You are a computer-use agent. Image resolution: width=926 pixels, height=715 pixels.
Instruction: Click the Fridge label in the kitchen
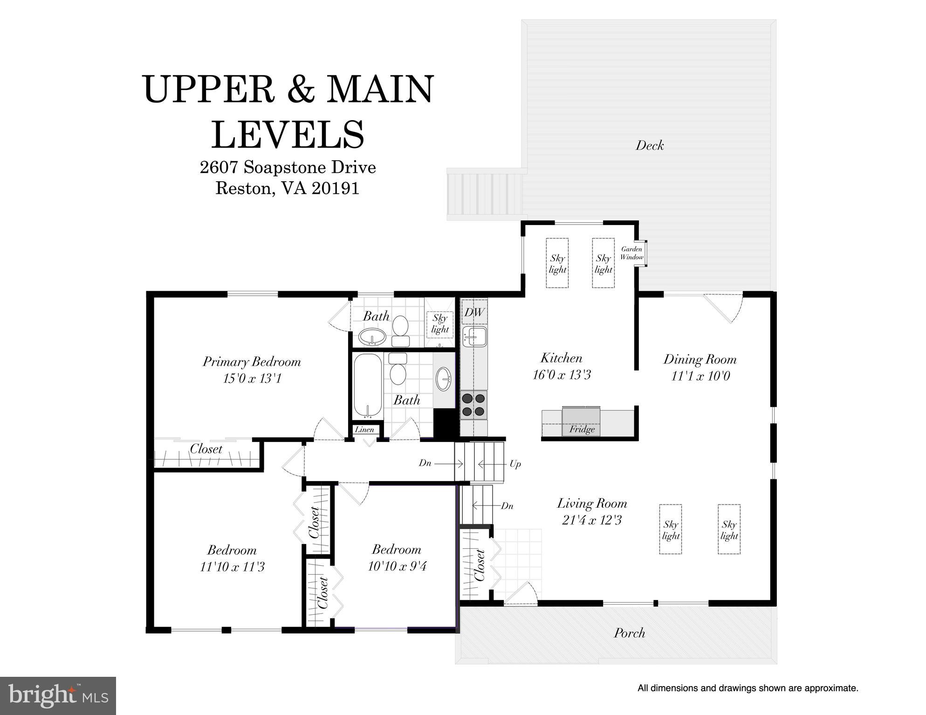(x=582, y=429)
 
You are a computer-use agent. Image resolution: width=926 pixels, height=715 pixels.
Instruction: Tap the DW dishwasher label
(x=474, y=312)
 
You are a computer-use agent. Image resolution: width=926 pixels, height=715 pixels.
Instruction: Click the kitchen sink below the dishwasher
(x=474, y=336)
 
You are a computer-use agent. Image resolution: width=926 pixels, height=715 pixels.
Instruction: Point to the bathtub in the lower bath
(x=368, y=385)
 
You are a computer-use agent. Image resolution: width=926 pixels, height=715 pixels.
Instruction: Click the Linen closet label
(x=364, y=429)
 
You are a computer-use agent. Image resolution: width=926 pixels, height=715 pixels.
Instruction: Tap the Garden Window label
(x=632, y=253)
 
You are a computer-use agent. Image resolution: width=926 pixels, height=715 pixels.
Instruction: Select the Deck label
(x=650, y=145)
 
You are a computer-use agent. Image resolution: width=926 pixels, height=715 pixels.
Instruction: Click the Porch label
(x=630, y=633)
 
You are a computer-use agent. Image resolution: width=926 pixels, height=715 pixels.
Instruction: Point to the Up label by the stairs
(x=515, y=464)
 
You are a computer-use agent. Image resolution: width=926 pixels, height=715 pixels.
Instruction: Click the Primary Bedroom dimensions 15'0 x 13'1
(x=252, y=379)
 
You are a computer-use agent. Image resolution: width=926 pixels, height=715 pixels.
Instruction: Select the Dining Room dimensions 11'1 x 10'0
(x=700, y=376)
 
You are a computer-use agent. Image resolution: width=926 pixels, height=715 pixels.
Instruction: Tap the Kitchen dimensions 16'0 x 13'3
(x=562, y=375)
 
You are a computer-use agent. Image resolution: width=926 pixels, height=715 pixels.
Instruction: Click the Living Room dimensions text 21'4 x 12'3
(x=592, y=520)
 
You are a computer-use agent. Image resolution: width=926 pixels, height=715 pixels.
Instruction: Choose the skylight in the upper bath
(x=440, y=324)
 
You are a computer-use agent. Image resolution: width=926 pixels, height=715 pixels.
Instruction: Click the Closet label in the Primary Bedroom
(x=206, y=449)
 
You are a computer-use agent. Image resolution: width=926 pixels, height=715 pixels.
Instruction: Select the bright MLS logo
(x=58, y=695)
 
